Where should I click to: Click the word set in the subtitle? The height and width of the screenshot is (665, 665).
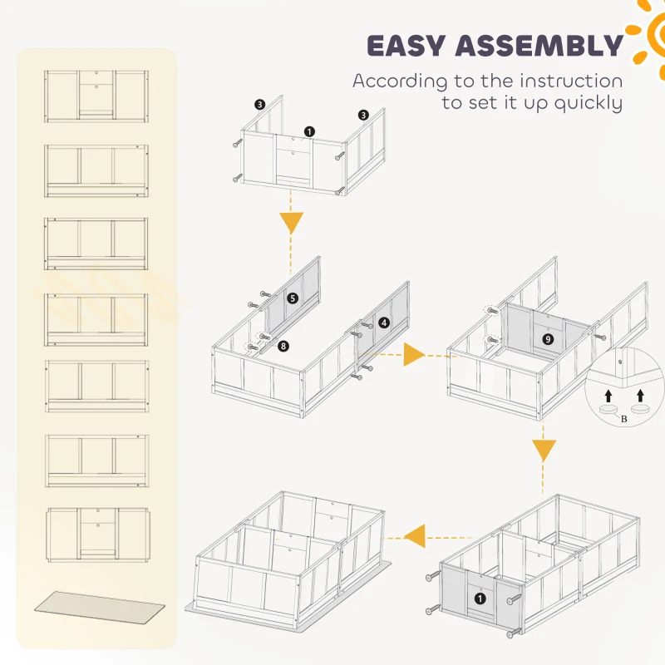485,104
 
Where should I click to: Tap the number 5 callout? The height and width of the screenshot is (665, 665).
292,298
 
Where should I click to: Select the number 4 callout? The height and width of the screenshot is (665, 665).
383,323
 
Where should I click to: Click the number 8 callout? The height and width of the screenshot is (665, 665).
283,345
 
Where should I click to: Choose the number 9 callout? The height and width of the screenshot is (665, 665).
546,338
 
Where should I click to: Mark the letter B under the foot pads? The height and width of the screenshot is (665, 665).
623,420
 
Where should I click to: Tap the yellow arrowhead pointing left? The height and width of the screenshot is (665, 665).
413,532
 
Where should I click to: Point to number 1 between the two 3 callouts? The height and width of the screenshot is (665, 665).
309,131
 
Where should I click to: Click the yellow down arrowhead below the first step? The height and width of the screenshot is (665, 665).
290,222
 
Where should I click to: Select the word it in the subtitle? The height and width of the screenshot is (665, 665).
516,104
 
